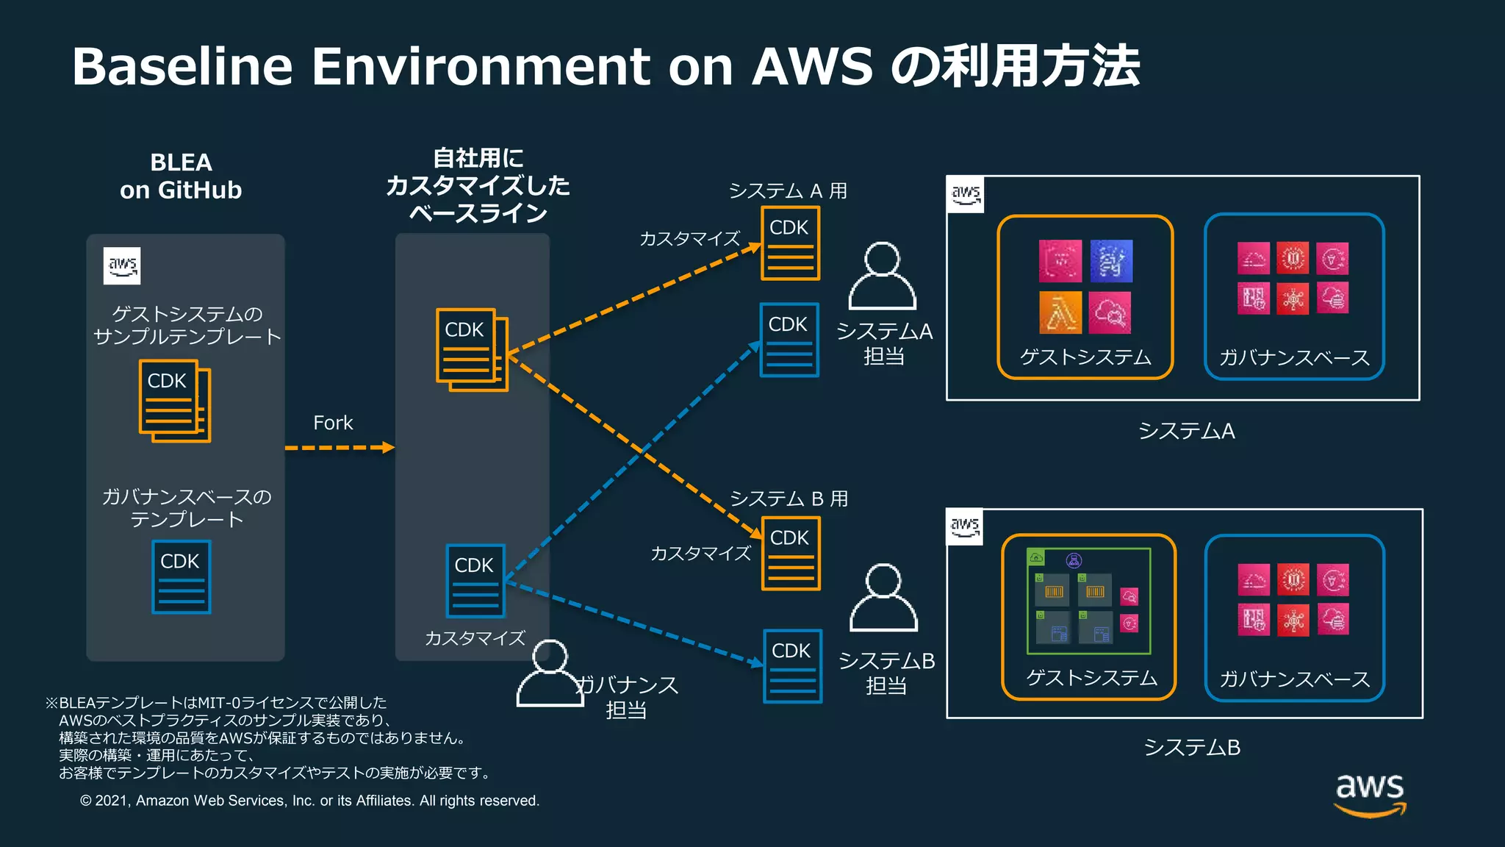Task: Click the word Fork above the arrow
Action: pos(333,423)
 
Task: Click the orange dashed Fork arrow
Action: pos(339,448)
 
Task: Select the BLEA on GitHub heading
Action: pos(181,176)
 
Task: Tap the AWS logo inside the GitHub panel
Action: pos(122,265)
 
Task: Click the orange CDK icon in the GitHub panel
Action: pos(174,401)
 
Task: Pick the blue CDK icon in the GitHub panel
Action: pos(181,577)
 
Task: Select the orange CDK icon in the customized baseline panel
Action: pos(472,349)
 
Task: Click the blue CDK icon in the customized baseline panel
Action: pos(475,581)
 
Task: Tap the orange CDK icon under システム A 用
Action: pos(790,243)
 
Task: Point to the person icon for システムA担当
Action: pos(883,276)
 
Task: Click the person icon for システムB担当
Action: pos(884,598)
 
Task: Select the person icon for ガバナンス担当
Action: pos(550,673)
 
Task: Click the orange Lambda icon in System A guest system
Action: pos(1060,312)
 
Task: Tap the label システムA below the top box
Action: pos(1186,431)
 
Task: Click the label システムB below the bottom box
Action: pos(1191,748)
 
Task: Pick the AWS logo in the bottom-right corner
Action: pos(1370,794)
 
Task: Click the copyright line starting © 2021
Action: pos(309,801)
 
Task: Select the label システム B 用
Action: pos(789,498)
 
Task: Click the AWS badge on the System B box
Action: pos(965,526)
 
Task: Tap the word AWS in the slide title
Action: pos(812,66)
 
